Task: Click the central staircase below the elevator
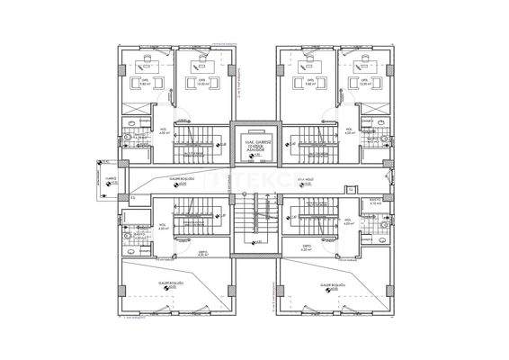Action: [254, 221]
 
